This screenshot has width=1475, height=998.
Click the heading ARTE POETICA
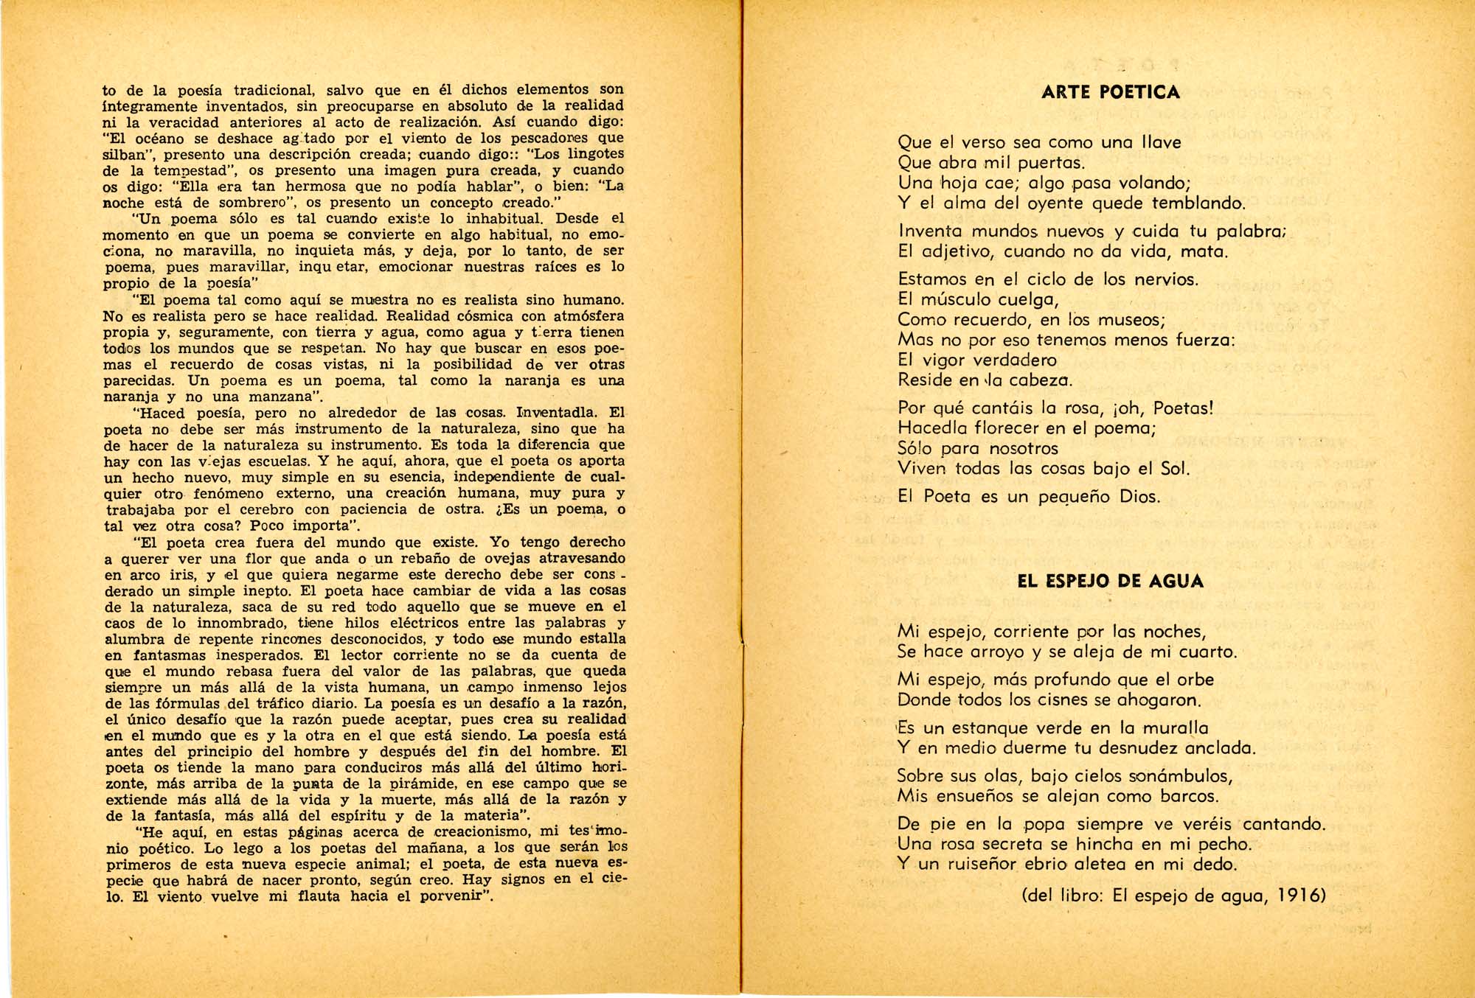pyautogui.click(x=1111, y=93)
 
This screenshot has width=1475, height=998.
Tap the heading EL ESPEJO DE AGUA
pyautogui.click(x=1110, y=582)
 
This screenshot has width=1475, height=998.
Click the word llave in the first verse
pyautogui.click(x=1162, y=142)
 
